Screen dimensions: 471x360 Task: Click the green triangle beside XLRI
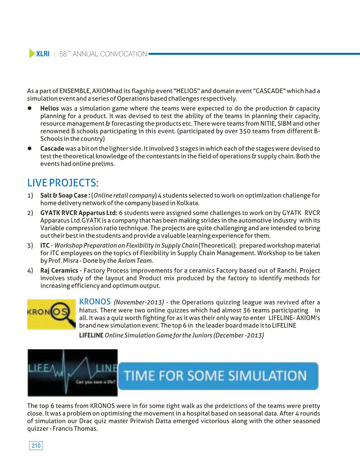pyautogui.click(x=32, y=54)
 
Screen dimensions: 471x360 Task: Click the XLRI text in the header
pyautogui.click(x=43, y=54)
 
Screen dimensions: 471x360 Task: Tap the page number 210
pyautogui.click(x=36, y=446)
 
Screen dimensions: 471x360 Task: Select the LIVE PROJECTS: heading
pyautogui.click(x=63, y=183)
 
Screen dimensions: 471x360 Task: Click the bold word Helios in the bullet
pyautogui.click(x=50, y=108)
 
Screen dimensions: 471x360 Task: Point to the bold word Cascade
pyautogui.click(x=52, y=149)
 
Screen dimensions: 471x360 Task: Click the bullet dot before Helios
pyautogui.click(x=29, y=108)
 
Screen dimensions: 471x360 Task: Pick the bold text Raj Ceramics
pyautogui.click(x=59, y=271)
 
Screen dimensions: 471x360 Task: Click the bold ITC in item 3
pyautogui.click(x=45, y=245)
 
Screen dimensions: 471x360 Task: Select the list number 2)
pyautogui.click(x=30, y=213)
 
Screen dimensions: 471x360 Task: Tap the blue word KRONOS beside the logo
pyautogui.click(x=95, y=302)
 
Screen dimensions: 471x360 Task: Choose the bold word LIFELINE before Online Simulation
pyautogui.click(x=91, y=335)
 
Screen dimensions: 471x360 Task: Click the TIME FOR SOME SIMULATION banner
pyautogui.click(x=218, y=376)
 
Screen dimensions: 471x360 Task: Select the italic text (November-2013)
pyautogui.click(x=139, y=302)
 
